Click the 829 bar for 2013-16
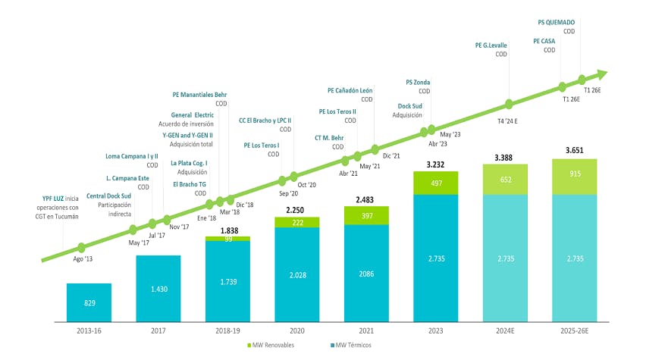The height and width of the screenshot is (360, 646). (x=89, y=302)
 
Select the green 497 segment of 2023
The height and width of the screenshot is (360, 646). (x=436, y=183)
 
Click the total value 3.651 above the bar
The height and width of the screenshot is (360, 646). (x=574, y=151)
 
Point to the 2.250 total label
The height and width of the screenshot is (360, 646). (x=296, y=210)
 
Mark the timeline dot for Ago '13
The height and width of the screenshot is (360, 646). (x=82, y=247)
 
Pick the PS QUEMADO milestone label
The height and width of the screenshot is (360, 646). (x=550, y=22)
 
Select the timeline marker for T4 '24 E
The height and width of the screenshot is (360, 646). (x=509, y=104)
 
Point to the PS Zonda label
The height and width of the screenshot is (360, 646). (x=418, y=81)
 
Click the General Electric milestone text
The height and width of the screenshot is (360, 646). (x=192, y=114)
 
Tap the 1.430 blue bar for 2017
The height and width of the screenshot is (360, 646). (x=158, y=289)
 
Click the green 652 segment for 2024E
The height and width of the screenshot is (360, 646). (x=505, y=179)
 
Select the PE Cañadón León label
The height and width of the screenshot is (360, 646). (x=350, y=90)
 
